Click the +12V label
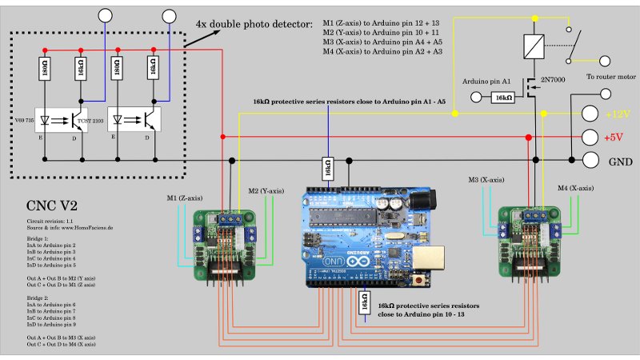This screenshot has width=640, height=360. coord(618,114)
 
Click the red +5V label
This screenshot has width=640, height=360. coord(614,138)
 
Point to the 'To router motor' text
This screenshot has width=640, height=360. coord(610,78)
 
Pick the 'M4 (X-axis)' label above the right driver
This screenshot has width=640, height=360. coord(576,188)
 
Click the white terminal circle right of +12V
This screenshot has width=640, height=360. coord(590,114)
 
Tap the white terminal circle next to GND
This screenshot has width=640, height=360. coord(591,159)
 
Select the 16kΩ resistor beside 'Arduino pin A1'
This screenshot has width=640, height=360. coord(503,97)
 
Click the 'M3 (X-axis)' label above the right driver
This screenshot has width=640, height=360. coord(486,180)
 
